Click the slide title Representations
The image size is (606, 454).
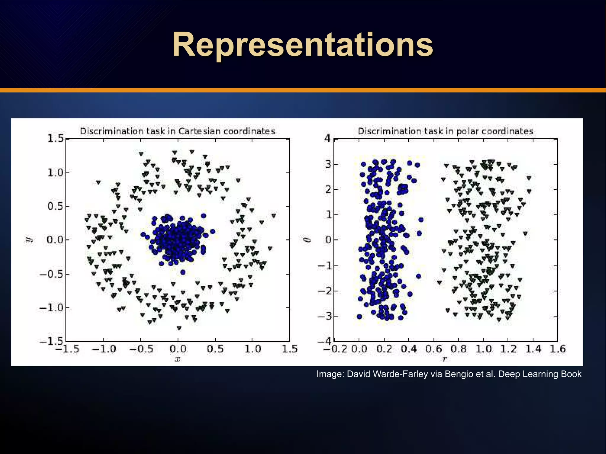[x=302, y=45]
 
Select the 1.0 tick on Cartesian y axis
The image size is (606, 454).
[x=56, y=173]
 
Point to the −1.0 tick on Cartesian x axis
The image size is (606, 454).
[x=104, y=349]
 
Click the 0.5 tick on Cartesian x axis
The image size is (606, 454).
[x=215, y=349]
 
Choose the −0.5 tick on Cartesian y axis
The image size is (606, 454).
[x=52, y=274]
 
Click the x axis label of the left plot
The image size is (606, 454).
[x=178, y=359]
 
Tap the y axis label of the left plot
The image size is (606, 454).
[x=29, y=240]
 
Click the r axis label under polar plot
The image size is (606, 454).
[x=445, y=359]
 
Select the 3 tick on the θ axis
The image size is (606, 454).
[x=328, y=164]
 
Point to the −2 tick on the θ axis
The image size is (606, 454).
[x=325, y=291]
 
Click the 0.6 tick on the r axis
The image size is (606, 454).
[x=433, y=349]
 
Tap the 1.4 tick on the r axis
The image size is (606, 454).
[x=533, y=349]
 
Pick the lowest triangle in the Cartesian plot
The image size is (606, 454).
[x=179, y=328]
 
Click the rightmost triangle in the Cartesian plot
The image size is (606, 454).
[x=274, y=215]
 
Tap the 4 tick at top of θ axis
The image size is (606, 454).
[x=327, y=138]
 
